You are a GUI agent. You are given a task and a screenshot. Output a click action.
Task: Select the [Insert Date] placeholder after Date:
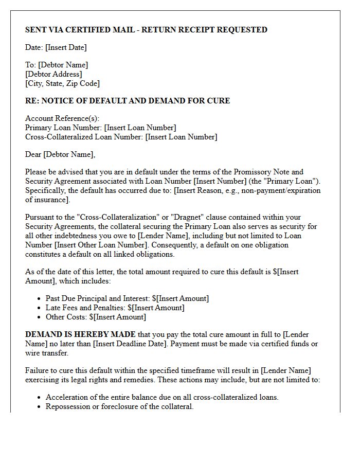click(66, 47)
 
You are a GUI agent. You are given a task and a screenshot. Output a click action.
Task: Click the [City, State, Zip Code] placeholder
click(62, 83)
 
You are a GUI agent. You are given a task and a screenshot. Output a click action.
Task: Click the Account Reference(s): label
click(62, 118)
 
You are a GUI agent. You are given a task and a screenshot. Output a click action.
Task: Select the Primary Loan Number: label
click(63, 128)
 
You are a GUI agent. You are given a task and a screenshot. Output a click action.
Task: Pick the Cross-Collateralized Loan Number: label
click(84, 137)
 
